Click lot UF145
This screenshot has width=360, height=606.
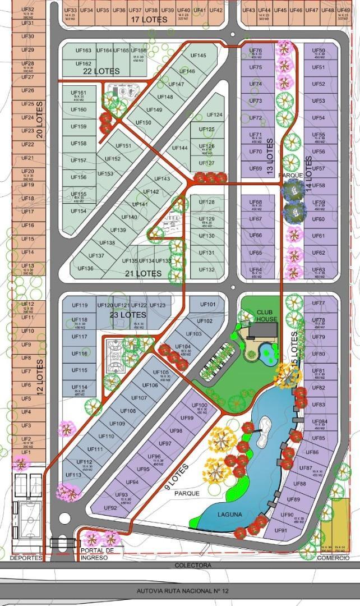coord(198,56)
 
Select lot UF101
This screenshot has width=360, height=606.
coord(207,305)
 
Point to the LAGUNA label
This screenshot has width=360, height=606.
coord(230,514)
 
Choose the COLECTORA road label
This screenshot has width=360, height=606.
coord(192,565)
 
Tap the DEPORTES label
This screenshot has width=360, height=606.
coord(26,558)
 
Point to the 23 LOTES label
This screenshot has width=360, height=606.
coord(128,315)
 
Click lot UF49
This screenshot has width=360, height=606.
coord(344,12)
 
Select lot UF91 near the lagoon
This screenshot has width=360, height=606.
coord(281,530)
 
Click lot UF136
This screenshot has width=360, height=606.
coord(86,268)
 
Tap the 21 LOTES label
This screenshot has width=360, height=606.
coord(143,273)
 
